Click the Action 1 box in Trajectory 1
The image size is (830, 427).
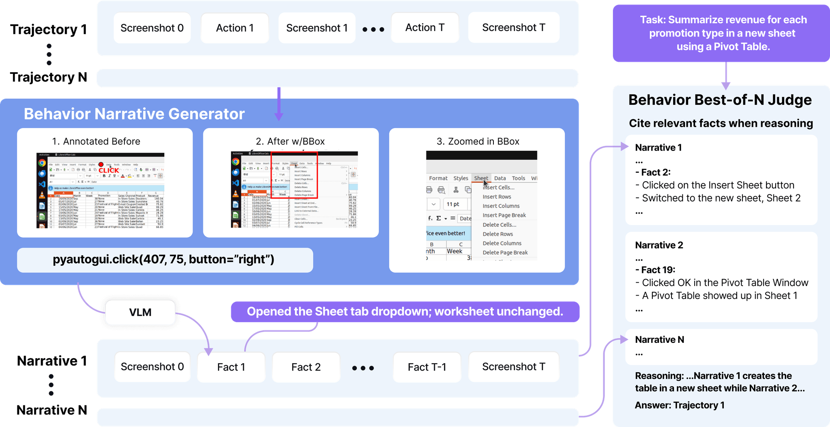(235, 28)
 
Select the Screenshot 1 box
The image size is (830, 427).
(317, 28)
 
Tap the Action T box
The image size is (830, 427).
(425, 28)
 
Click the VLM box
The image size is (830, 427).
(140, 312)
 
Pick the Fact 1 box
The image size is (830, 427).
(231, 367)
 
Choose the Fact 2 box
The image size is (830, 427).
(306, 367)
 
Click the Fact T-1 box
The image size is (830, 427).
(427, 367)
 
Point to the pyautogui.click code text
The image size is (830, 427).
(164, 260)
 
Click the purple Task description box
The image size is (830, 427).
(723, 33)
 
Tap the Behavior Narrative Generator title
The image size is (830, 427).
(134, 114)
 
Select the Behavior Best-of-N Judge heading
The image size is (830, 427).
(720, 100)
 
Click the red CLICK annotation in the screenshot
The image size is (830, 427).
(109, 170)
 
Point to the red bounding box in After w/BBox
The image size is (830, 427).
(294, 175)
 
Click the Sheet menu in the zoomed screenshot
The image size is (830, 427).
(481, 178)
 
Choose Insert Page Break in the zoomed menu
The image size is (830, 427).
(504, 215)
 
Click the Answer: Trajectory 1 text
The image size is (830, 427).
(680, 405)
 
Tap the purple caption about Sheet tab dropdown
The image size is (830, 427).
(405, 312)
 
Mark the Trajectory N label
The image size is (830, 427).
(49, 77)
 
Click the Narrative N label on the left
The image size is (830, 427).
(52, 410)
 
